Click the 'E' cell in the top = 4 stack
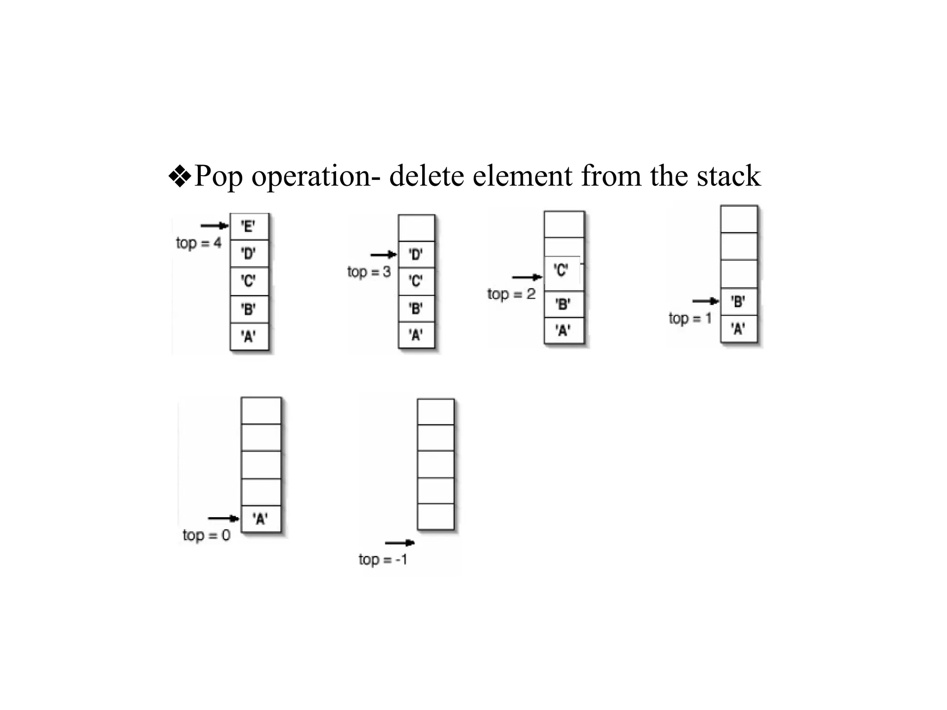pos(249,226)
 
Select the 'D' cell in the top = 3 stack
pos(416,254)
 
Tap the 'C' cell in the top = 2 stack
pos(562,270)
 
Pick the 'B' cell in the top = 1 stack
pos(738,302)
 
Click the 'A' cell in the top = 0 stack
pos(261,519)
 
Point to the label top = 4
pos(198,243)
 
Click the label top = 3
pos(369,272)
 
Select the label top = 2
pos(511,294)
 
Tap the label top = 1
pos(690,318)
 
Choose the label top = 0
pos(206,535)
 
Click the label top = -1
pos(383,560)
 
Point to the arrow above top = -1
pos(400,543)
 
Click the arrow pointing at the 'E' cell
pos(215,226)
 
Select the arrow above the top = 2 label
pos(527,277)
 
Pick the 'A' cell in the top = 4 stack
pos(249,336)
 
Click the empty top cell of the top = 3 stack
pos(416,228)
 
